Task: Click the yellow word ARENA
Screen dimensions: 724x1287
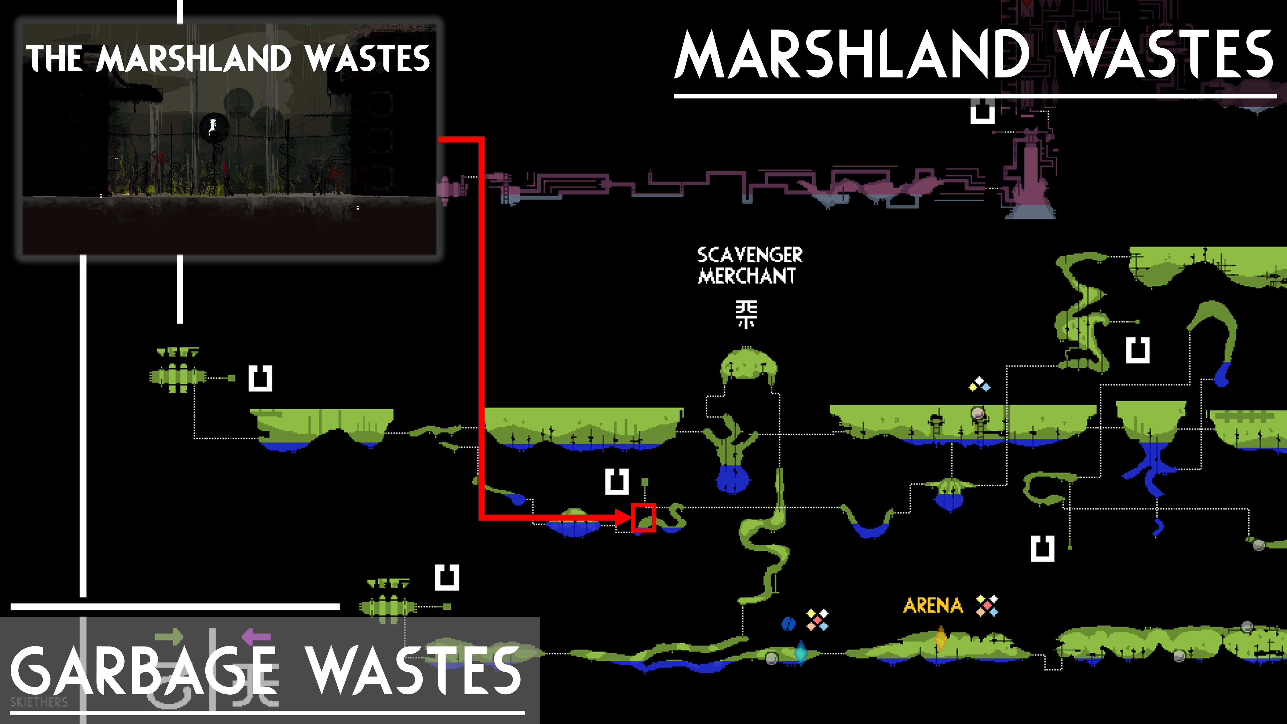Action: pos(933,606)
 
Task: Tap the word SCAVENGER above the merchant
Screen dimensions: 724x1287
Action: pos(749,255)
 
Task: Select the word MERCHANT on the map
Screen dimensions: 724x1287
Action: pos(746,276)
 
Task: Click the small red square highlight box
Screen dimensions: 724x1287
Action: pos(643,518)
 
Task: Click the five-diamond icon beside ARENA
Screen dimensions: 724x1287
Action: pos(987,606)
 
